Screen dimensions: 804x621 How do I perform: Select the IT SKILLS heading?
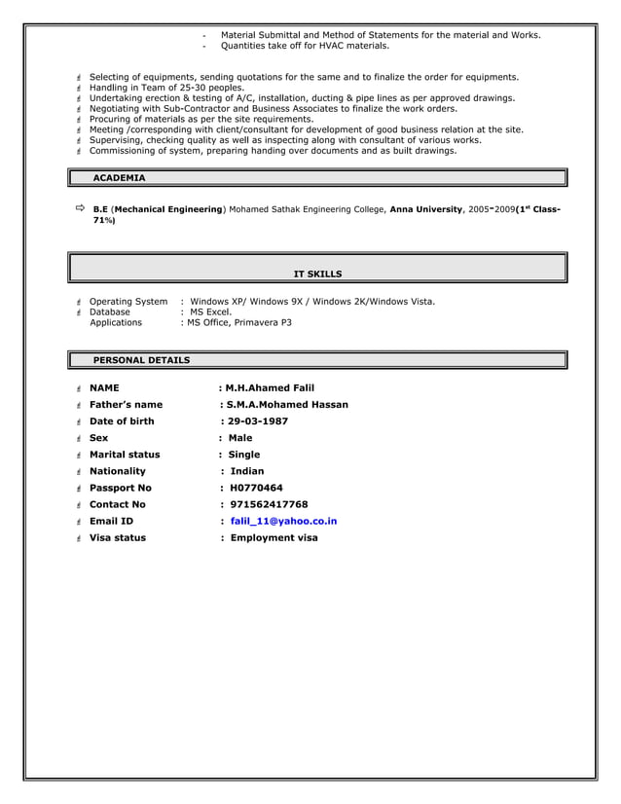click(317, 274)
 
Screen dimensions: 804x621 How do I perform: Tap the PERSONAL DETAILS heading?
click(141, 360)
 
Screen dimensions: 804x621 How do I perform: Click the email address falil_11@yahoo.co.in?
click(283, 521)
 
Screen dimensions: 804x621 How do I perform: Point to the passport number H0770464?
click(256, 488)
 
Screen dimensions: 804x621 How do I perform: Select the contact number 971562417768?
click(269, 504)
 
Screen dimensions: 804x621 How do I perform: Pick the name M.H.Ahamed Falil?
click(271, 387)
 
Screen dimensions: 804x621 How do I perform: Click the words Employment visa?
click(274, 537)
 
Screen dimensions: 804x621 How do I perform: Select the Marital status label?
click(125, 455)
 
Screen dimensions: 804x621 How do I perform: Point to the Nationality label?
click(117, 471)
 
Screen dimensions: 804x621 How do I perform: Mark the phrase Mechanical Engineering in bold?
click(168, 209)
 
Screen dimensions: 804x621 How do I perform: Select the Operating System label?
click(128, 302)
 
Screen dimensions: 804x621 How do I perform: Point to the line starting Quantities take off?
click(305, 46)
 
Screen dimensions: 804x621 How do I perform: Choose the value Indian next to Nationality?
click(246, 471)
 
